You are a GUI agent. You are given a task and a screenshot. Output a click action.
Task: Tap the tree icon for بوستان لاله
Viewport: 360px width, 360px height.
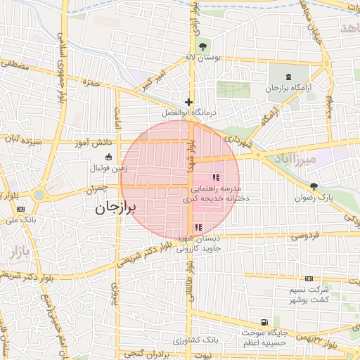click(202, 47)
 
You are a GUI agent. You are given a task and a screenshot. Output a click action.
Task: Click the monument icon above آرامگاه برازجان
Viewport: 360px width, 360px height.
click(288, 77)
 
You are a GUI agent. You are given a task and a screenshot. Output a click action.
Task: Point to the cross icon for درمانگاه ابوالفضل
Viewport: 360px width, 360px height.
click(188, 102)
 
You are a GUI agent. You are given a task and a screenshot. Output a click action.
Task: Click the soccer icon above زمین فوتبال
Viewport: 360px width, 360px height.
click(108, 157)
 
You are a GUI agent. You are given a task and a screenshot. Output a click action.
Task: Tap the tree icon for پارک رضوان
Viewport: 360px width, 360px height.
click(313, 186)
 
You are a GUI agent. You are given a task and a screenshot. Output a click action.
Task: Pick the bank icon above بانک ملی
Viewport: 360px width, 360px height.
click(21, 208)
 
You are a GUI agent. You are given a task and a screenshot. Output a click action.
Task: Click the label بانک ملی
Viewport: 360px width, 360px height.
click(21, 220)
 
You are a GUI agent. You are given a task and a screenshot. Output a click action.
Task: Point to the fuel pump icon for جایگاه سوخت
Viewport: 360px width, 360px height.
click(264, 321)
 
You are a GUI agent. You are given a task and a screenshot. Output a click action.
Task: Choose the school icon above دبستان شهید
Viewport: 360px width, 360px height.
click(198, 227)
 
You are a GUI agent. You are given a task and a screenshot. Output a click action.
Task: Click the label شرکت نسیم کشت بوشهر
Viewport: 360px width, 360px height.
click(308, 295)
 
